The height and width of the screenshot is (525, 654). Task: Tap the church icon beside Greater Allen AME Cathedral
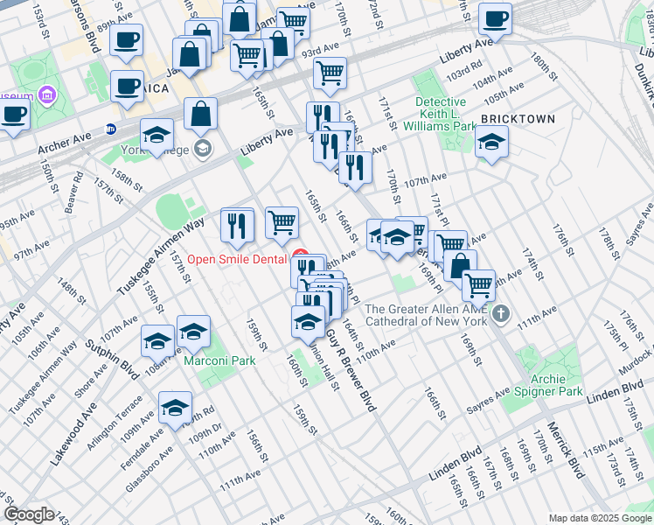pyautogui.click(x=501, y=312)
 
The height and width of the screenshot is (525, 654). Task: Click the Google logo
pyautogui.click(x=28, y=514)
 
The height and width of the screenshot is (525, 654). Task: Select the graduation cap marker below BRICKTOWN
pyautogui.click(x=492, y=143)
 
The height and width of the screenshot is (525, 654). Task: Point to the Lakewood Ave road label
pyautogui.click(x=73, y=434)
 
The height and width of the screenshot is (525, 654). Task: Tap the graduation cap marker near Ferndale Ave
pyautogui.click(x=175, y=409)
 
